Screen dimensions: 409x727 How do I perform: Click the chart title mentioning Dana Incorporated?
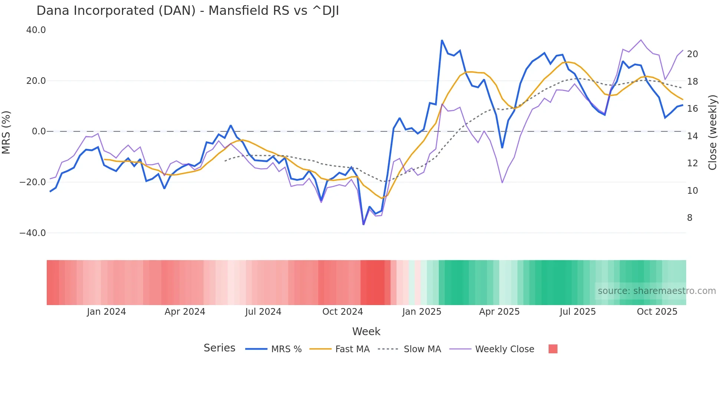(x=188, y=11)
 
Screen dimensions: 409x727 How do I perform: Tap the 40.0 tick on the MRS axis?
(x=36, y=30)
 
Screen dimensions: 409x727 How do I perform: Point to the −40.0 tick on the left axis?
(x=33, y=233)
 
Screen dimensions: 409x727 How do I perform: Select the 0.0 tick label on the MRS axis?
(x=39, y=131)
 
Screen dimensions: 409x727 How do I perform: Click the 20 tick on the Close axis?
(x=692, y=54)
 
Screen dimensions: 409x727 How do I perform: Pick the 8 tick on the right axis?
(x=690, y=218)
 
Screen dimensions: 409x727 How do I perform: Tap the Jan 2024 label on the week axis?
(x=106, y=312)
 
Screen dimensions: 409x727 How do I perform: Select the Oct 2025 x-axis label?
(x=657, y=312)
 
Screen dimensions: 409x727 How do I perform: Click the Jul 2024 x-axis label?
(x=263, y=312)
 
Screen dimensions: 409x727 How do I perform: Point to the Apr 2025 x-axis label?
(x=499, y=312)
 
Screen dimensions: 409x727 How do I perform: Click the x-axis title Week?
(x=366, y=331)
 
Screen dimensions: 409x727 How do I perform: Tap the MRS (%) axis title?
(x=6, y=132)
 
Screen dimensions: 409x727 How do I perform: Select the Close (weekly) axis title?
(x=713, y=132)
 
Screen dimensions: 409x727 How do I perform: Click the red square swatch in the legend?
(x=553, y=349)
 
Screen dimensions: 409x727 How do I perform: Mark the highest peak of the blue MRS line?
(x=442, y=40)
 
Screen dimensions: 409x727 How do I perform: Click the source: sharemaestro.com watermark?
(x=657, y=291)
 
